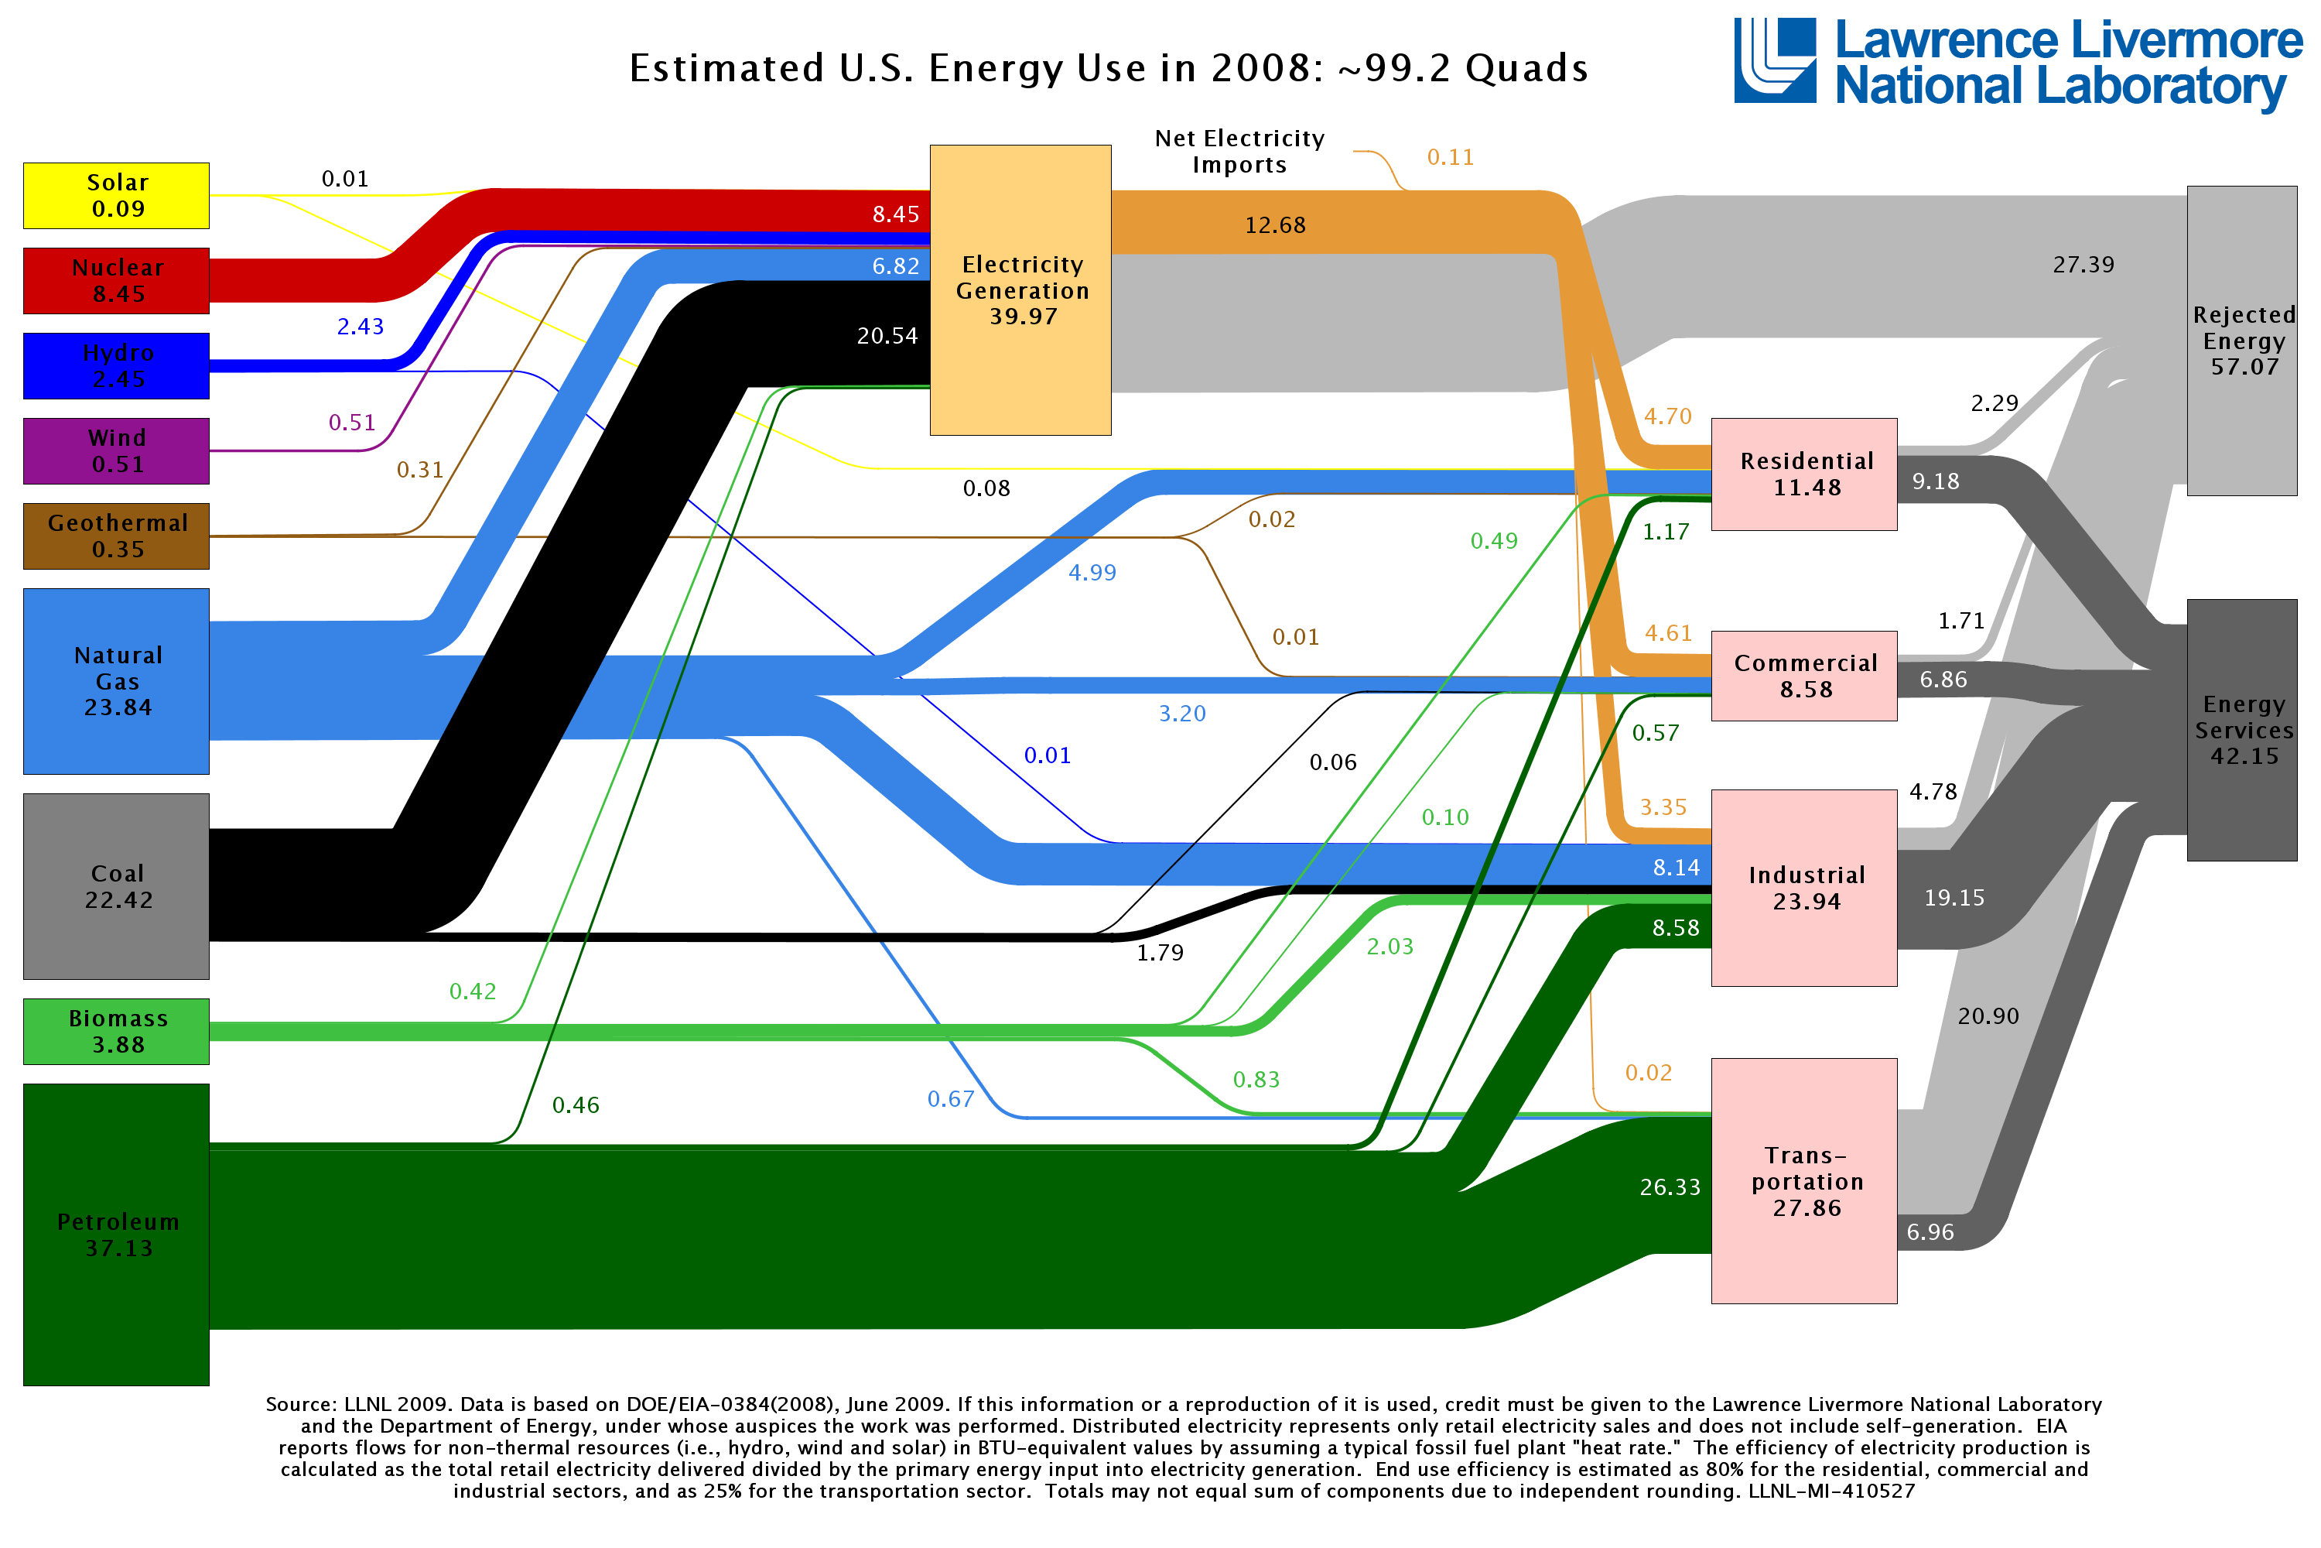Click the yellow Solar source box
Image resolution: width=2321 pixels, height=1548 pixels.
pyautogui.click(x=117, y=196)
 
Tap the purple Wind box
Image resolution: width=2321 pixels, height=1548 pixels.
pyautogui.click(x=117, y=451)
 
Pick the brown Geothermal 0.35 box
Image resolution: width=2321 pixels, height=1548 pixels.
pyautogui.click(x=117, y=536)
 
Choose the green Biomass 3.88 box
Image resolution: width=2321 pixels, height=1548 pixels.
pyautogui.click(x=117, y=1031)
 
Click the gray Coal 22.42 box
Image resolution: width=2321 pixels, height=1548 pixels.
pyautogui.click(x=117, y=885)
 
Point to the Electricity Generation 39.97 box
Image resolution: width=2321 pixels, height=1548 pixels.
pyautogui.click(x=1020, y=290)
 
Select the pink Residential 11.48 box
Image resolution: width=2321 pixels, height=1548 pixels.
pyautogui.click(x=1804, y=474)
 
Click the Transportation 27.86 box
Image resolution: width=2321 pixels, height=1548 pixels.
pyautogui.click(x=1804, y=1181)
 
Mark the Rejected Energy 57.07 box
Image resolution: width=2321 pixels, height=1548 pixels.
pyautogui.click(x=2242, y=341)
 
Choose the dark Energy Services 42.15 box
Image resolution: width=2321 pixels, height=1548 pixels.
pyautogui.click(x=2242, y=730)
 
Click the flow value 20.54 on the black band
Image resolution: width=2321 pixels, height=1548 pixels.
pyautogui.click(x=886, y=336)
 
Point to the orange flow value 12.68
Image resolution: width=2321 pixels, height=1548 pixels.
pyautogui.click(x=1274, y=225)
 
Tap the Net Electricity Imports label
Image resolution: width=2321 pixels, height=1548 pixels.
pyautogui.click(x=1239, y=151)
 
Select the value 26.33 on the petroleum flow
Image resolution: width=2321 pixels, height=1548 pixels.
pyautogui.click(x=1670, y=1187)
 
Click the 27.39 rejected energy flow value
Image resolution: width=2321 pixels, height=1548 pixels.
pyautogui.click(x=2082, y=265)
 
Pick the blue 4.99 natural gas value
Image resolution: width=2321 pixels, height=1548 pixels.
pyautogui.click(x=1092, y=573)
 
